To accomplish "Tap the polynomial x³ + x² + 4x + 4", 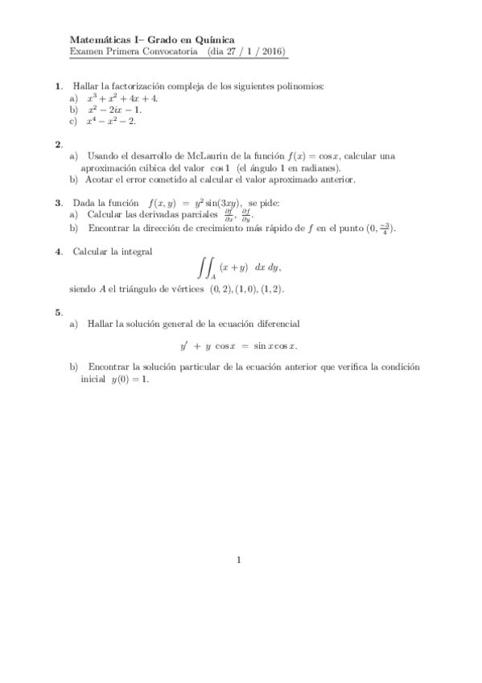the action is (122, 97).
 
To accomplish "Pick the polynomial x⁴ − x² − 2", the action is (112, 121).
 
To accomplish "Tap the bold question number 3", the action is (59, 205).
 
